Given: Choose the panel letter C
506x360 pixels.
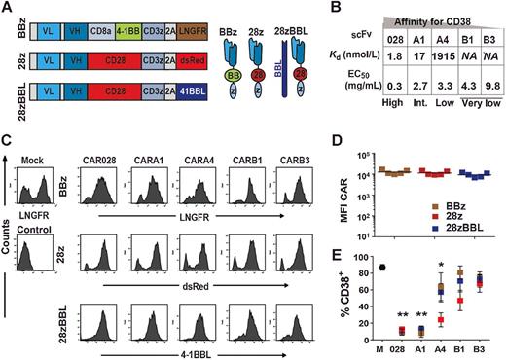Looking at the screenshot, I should pyautogui.click(x=8, y=138).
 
